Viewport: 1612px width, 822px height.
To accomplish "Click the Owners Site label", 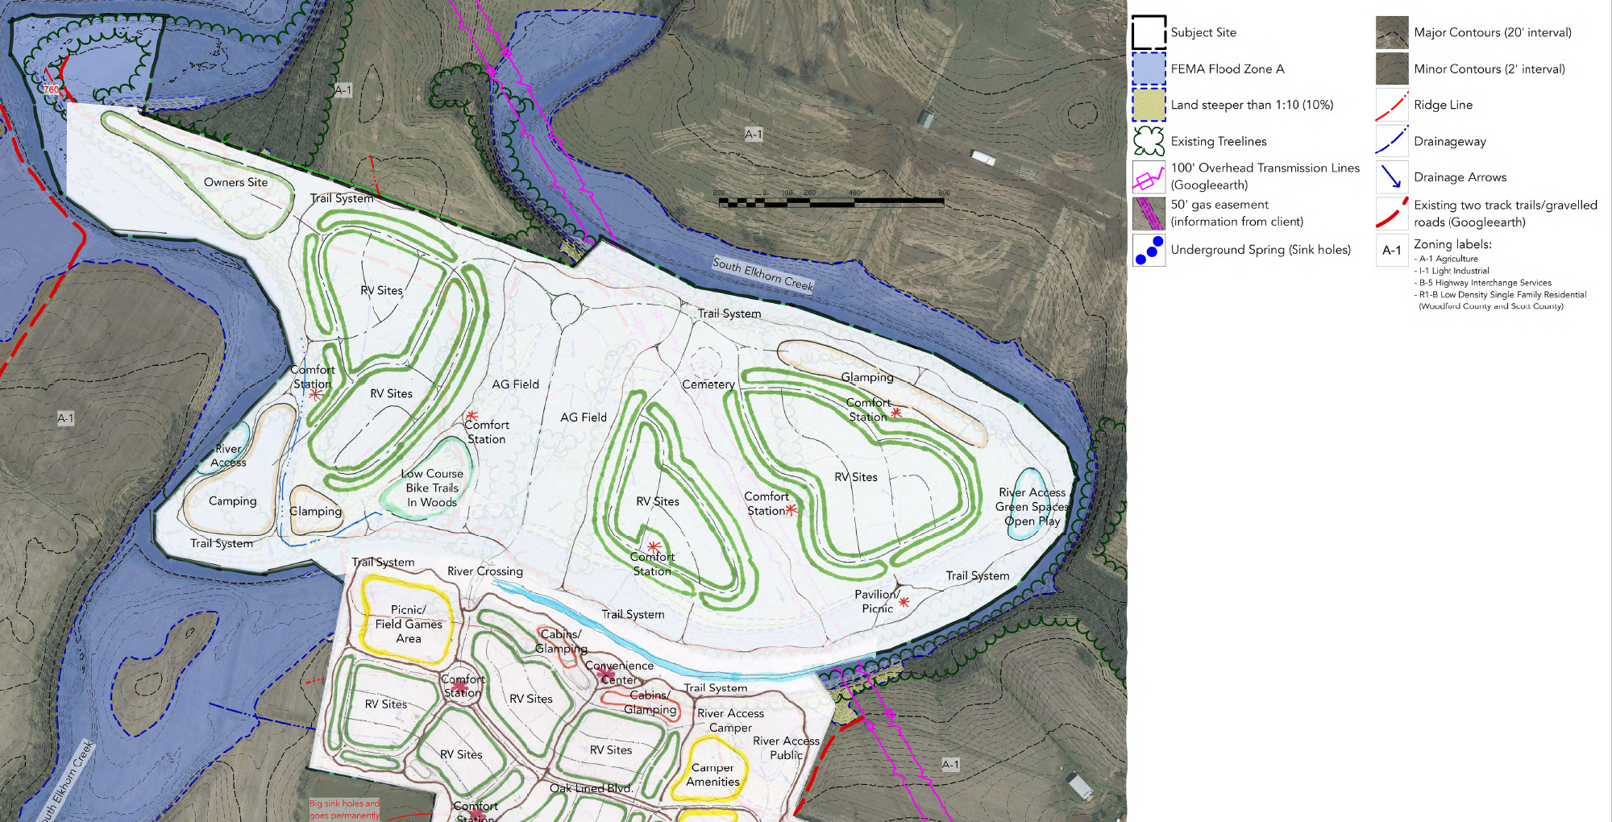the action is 235,183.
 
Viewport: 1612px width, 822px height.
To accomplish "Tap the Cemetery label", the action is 708,384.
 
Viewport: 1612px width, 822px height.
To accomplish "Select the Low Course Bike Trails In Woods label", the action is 432,488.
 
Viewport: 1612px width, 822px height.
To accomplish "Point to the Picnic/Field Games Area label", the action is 409,625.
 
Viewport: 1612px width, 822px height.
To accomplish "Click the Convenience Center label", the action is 619,673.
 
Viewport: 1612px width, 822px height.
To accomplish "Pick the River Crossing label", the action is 485,571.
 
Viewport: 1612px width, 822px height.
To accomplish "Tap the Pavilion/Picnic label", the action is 877,601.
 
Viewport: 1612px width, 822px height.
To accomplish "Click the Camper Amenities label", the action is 713,774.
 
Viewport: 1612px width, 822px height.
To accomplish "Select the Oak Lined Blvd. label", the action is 591,788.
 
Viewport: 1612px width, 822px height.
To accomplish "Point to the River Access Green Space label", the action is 1032,507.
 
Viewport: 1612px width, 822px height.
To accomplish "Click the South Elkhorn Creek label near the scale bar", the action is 762,274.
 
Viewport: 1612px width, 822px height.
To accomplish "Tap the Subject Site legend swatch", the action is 1149,33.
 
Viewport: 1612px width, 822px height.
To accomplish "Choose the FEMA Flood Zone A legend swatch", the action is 1149,69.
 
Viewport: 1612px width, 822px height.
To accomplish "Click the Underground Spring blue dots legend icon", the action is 1149,250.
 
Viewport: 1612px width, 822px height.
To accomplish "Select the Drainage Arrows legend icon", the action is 1392,177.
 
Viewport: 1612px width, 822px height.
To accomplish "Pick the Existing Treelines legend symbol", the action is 1149,141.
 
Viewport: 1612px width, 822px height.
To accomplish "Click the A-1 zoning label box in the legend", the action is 1392,250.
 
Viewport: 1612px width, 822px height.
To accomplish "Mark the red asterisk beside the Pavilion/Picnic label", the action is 904,602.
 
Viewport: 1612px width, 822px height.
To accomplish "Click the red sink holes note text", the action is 344,809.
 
